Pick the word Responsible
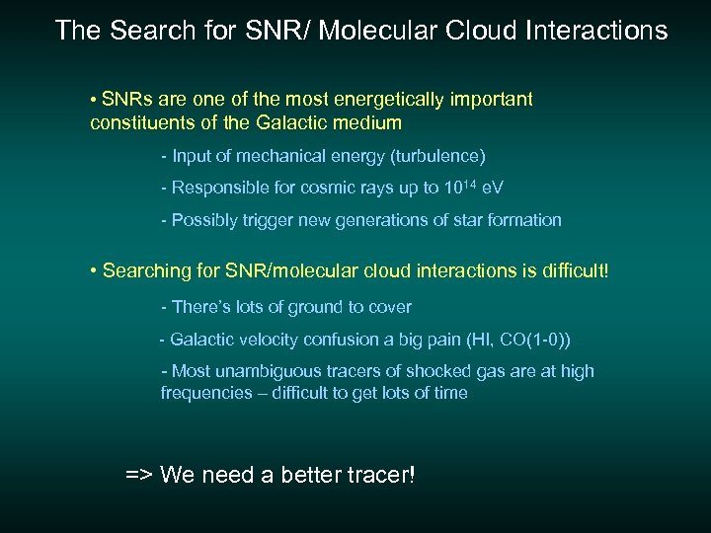(x=220, y=188)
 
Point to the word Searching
(x=147, y=270)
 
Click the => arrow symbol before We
(x=139, y=475)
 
